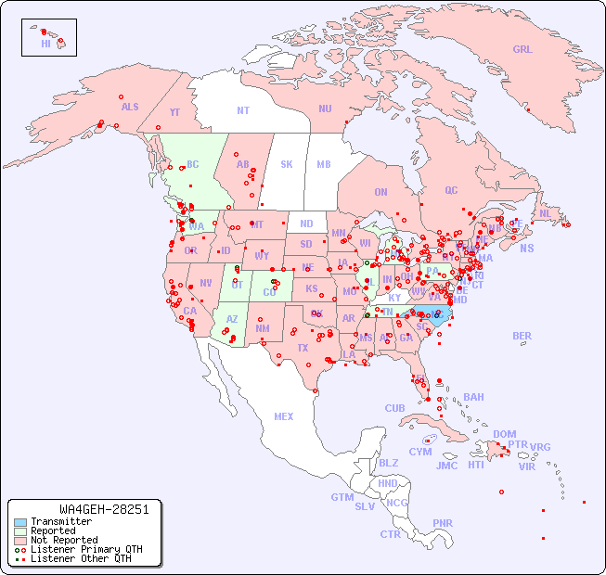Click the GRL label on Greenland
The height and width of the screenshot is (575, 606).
(522, 50)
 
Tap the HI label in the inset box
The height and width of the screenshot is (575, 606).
(45, 44)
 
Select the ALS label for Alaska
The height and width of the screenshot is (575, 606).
(130, 107)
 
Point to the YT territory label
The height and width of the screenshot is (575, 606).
(174, 112)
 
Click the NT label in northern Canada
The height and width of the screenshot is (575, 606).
(243, 109)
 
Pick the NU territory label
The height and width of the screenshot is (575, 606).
(325, 109)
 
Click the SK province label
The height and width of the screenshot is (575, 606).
(287, 164)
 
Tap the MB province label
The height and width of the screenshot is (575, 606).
(324, 164)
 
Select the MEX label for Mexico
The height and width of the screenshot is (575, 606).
(284, 416)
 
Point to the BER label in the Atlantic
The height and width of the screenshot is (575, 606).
(522, 336)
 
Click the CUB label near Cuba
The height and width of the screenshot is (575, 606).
(395, 408)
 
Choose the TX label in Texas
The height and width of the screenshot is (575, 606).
(303, 348)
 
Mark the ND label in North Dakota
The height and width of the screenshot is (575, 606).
(306, 224)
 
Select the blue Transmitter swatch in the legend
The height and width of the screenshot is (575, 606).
(19, 522)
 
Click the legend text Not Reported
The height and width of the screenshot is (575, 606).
(64, 540)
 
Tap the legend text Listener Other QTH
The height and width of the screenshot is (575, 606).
(80, 558)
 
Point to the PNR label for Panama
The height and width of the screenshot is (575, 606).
(443, 523)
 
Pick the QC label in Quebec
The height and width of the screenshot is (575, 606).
(451, 190)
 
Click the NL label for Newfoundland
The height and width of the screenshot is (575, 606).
(545, 212)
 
